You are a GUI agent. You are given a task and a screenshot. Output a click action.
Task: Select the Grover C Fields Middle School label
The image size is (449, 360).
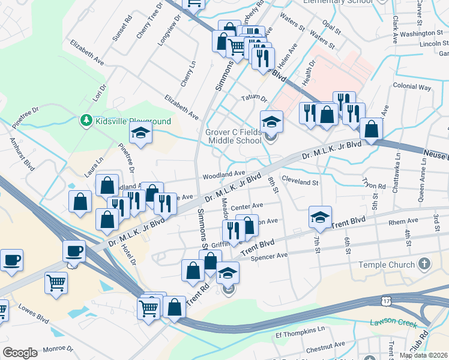pos(234,136)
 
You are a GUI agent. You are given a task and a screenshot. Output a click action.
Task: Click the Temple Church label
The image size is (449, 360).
pos(387,265)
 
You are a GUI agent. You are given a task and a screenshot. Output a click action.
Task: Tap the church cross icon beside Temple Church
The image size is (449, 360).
pos(424,264)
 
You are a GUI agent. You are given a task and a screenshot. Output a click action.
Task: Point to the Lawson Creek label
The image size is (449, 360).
pos(394,323)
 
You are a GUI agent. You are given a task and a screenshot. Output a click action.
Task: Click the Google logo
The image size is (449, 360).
pos(20,353)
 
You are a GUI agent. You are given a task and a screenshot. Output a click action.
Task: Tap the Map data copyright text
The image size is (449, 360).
pos(423,355)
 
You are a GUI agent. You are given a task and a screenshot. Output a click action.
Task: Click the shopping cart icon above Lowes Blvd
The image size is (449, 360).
pos(56,282)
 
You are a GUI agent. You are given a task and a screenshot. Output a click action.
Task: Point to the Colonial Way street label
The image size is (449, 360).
pos(412,87)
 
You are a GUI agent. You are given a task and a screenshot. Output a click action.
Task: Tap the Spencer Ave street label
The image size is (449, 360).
pos(270,255)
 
